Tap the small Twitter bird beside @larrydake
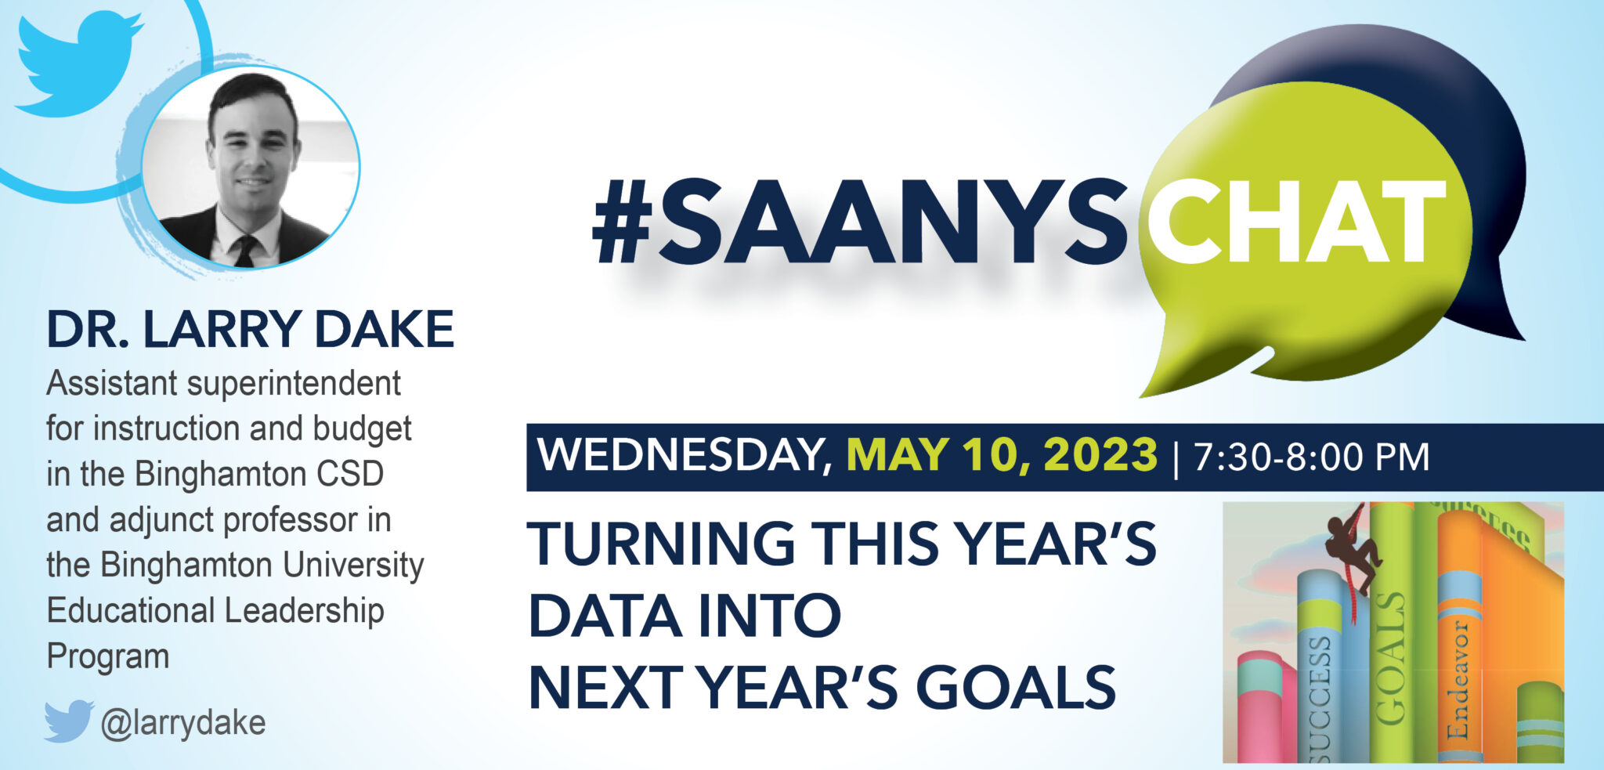[x=69, y=721]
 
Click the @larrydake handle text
[x=183, y=722]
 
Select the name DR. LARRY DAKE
[x=250, y=329]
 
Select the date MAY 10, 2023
[x=1002, y=455]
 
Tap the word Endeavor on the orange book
[x=1458, y=678]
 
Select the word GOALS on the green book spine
[x=1390, y=658]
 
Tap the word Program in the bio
[x=108, y=656]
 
